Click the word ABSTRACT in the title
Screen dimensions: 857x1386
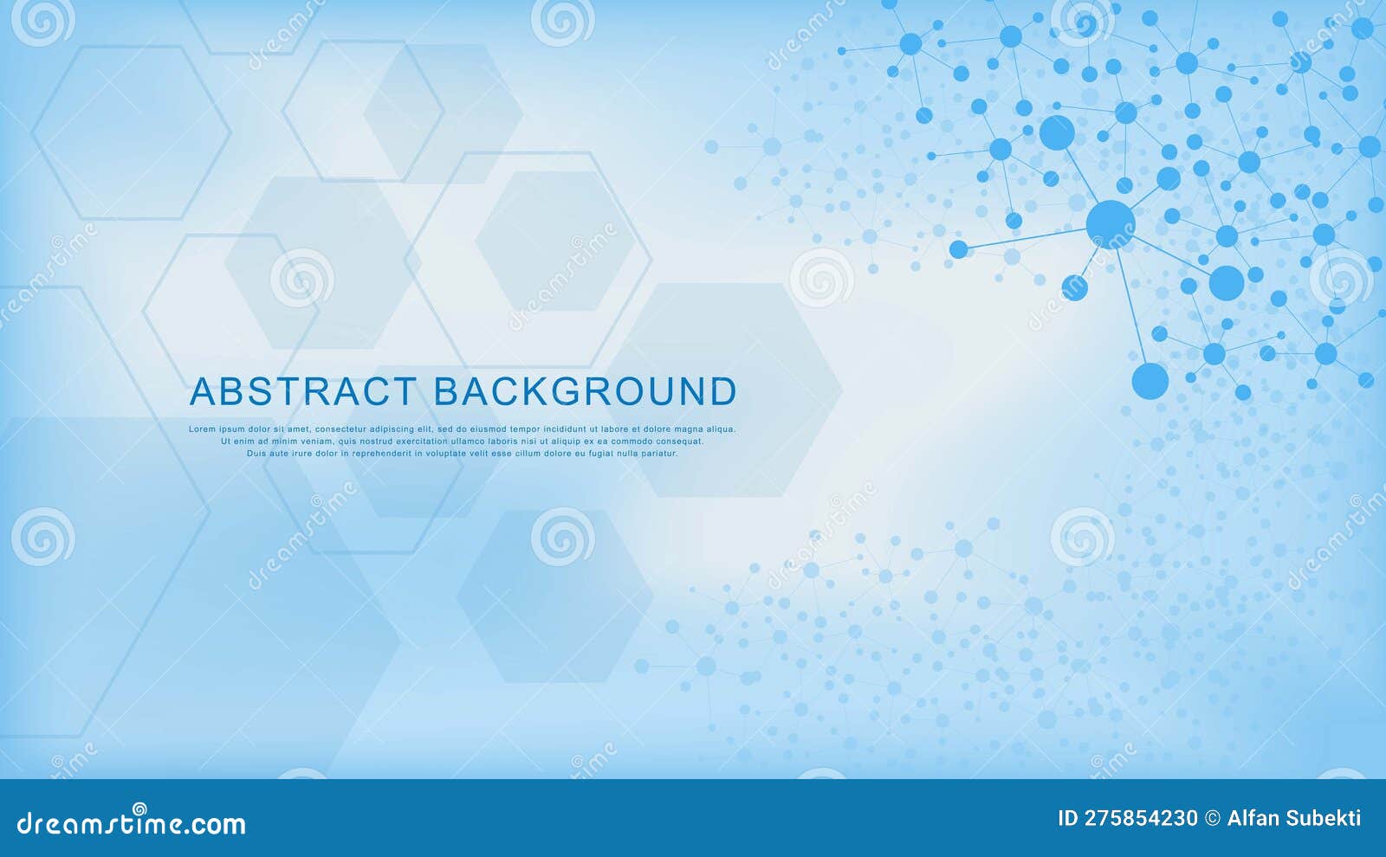[302, 392]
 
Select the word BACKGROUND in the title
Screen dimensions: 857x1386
[585, 392]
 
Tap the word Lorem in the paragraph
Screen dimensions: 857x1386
[203, 429]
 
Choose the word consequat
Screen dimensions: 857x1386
[679, 441]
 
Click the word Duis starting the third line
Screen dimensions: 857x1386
[256, 454]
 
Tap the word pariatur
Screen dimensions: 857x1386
[659, 454]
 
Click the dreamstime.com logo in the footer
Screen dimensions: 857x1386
[132, 822]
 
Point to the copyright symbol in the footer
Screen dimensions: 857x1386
[1213, 818]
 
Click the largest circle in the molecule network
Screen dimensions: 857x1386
[1110, 224]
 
